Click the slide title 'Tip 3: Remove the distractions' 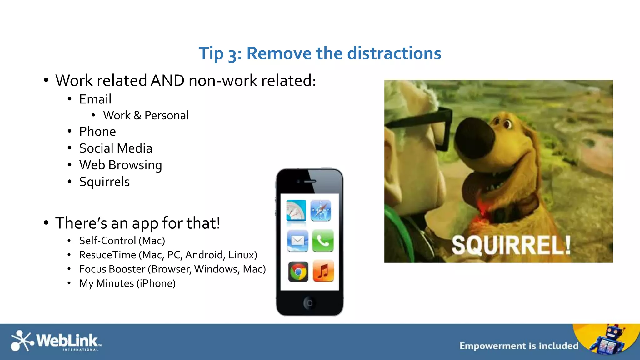(320, 53)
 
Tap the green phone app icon (323, 241)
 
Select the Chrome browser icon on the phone (298, 272)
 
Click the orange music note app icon (323, 271)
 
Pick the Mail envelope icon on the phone (297, 241)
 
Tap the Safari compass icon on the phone (321, 210)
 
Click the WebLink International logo (55, 341)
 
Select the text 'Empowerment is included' (519, 346)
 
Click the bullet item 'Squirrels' (104, 182)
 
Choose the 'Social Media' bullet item (116, 148)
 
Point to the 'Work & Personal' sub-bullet (146, 115)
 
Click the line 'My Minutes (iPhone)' (127, 283)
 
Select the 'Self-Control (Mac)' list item (122, 241)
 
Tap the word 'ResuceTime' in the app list (107, 255)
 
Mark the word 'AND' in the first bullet (167, 81)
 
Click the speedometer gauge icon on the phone (296, 210)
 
